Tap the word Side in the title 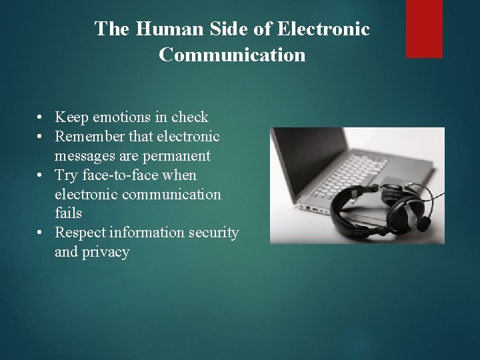211,29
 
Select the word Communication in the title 232,55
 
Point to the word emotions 115,118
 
